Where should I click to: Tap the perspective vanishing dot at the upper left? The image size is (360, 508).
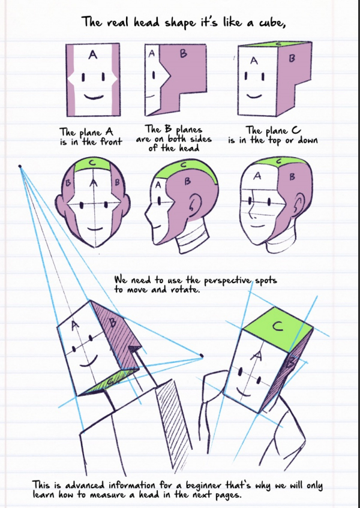point(20,166)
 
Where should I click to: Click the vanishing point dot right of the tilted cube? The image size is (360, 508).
point(202,356)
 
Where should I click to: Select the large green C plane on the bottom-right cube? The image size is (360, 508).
point(278,329)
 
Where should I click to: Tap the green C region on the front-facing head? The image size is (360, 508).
point(92,166)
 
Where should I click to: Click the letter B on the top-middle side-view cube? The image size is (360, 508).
point(183,53)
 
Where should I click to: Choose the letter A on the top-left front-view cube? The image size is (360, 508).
point(92,55)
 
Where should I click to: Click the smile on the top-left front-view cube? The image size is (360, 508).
point(94,97)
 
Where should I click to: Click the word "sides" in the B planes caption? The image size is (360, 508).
point(200,139)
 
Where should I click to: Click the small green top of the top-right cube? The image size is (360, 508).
point(275,44)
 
